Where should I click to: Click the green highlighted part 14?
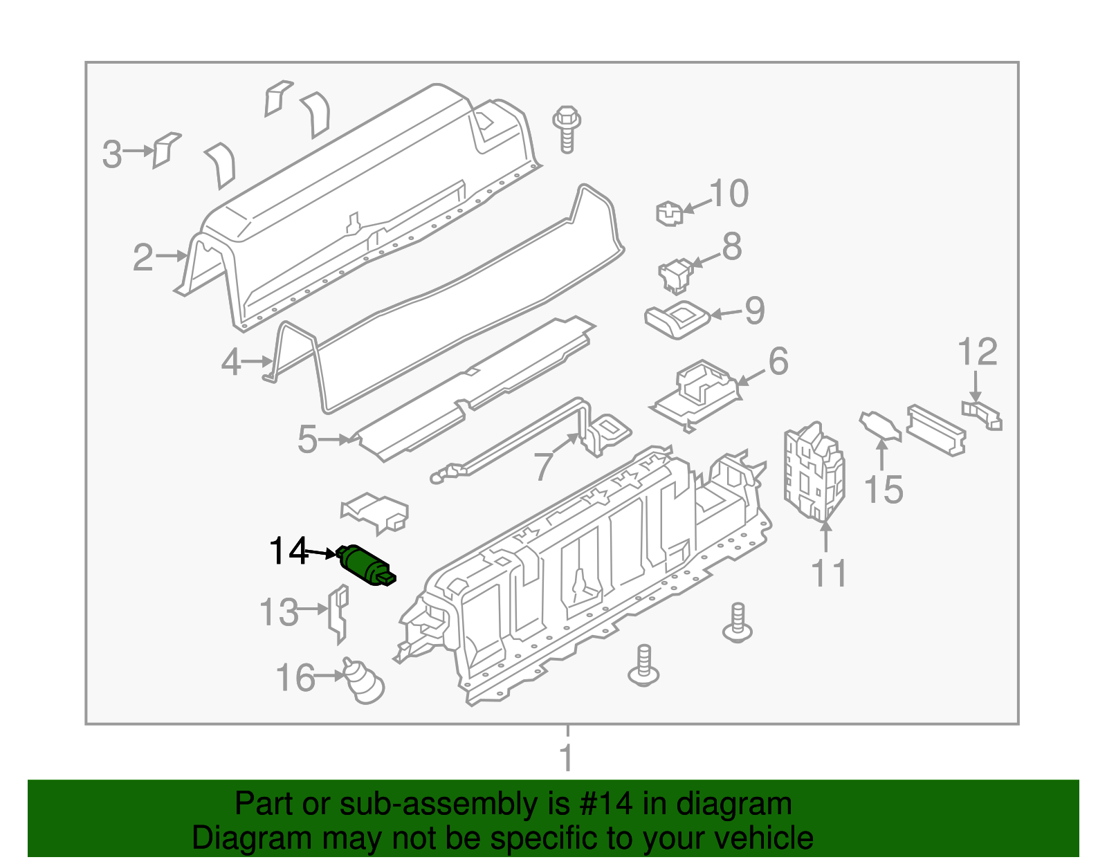coord(365,565)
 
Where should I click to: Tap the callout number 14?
coord(289,551)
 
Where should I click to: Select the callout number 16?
coord(295,678)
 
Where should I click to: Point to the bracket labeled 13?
coord(338,612)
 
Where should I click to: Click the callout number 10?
coord(729,193)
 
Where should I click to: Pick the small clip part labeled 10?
coord(669,213)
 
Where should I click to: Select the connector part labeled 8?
coord(676,275)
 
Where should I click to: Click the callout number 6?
coord(778,361)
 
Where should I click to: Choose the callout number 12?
coord(977,352)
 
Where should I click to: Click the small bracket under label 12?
coord(982,414)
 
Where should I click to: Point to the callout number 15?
coord(884,490)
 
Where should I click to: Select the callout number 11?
coord(828,573)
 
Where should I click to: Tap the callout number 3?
coord(112,154)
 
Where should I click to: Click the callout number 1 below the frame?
coord(567,757)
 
